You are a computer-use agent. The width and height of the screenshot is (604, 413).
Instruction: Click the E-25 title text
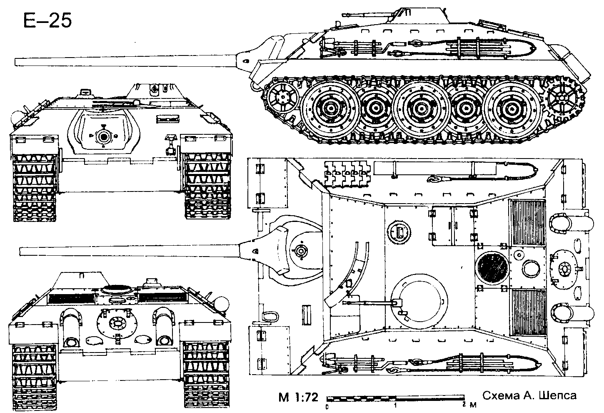[x=48, y=20]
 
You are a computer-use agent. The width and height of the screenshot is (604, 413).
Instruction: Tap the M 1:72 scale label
[x=298, y=397]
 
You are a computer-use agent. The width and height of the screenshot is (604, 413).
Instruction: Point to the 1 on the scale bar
[x=395, y=405]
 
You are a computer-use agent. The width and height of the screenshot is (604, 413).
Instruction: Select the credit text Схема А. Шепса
[x=529, y=395]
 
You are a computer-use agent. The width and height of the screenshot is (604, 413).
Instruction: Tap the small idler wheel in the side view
[x=283, y=96]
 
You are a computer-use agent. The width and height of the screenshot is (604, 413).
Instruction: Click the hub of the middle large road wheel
[x=421, y=108]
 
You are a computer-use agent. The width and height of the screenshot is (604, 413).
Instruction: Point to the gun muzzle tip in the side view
[x=16, y=62]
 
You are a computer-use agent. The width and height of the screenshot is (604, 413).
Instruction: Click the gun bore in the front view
[x=103, y=137]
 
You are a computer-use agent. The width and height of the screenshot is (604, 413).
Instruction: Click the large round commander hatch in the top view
[x=419, y=302]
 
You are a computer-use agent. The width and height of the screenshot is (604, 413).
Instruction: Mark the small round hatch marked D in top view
[x=399, y=232]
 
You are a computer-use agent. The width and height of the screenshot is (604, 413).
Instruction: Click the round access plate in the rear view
[x=117, y=323]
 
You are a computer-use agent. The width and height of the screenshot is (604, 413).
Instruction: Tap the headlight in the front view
[x=16, y=118]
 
